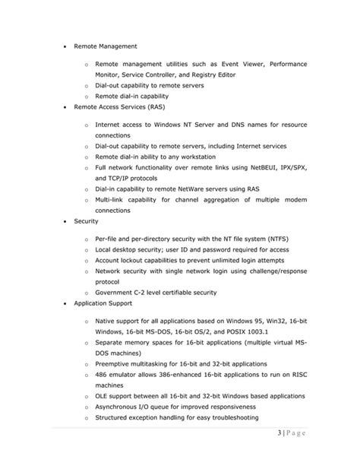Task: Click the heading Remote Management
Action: click(105, 45)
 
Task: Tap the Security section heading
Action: click(87, 221)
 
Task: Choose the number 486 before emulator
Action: click(102, 376)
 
